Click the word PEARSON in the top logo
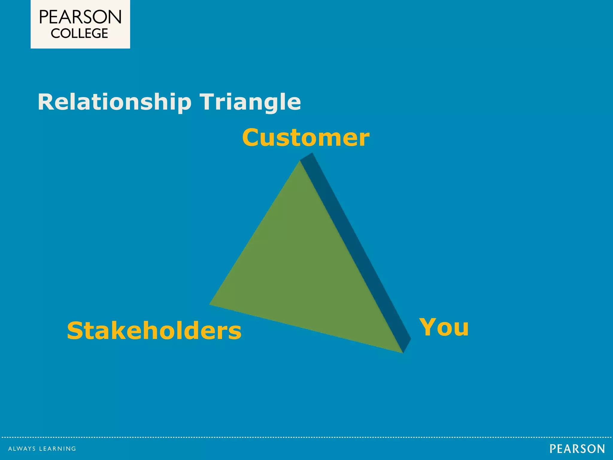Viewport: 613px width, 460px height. (x=80, y=17)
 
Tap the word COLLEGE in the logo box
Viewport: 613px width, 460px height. (x=79, y=34)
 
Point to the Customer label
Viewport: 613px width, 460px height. (x=306, y=137)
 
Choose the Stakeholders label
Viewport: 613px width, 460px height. (x=154, y=331)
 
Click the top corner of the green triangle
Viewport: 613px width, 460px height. (x=300, y=162)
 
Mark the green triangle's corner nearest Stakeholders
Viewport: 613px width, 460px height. (x=211, y=304)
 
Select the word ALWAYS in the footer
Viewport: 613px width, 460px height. (x=22, y=449)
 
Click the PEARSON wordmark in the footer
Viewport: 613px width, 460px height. (x=577, y=449)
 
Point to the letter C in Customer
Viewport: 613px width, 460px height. (x=251, y=137)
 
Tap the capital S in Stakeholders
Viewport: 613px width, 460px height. (x=75, y=331)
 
